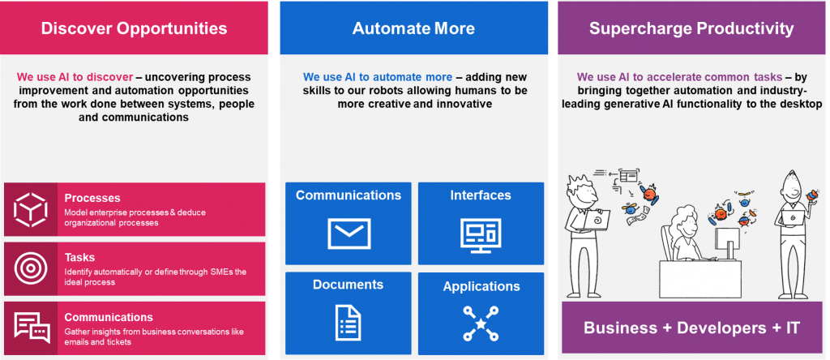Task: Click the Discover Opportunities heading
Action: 134,28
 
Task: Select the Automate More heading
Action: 413,28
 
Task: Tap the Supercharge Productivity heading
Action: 691,28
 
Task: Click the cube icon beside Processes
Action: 31,210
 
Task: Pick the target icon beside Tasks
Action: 31,269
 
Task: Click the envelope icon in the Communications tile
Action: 349,234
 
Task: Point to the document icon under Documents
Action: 349,323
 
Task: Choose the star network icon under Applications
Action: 481,323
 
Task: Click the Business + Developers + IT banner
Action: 691,328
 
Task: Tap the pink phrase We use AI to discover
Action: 75,77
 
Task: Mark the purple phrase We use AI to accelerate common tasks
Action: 680,77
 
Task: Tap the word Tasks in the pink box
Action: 80,257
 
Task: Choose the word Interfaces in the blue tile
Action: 481,195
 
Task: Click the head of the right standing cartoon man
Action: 794,188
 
